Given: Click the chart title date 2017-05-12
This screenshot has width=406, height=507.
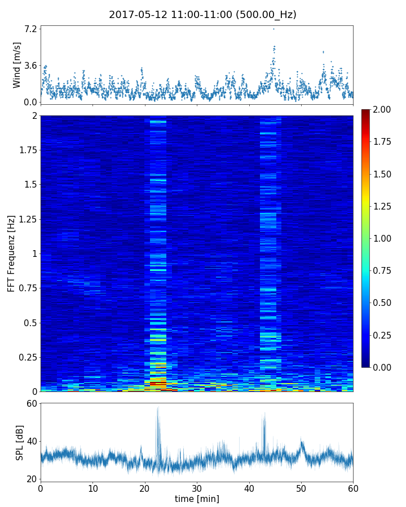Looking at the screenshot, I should click(x=135, y=15).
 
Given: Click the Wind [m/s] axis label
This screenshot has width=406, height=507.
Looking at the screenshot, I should click(x=17, y=65).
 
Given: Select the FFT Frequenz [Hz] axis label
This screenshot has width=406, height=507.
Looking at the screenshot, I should click(x=11, y=253).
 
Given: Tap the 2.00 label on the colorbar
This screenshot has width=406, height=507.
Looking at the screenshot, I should click(x=383, y=109).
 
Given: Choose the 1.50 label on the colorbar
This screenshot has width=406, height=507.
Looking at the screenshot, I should click(x=383, y=174).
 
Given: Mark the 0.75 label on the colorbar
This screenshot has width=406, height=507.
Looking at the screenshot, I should click(x=383, y=270).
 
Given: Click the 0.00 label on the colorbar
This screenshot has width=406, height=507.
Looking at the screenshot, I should click(x=383, y=367).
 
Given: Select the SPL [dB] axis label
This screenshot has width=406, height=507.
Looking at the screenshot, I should click(x=19, y=442).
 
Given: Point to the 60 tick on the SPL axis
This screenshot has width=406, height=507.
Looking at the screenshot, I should click(x=32, y=403).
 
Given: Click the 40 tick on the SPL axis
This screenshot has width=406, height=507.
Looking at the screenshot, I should click(x=32, y=441).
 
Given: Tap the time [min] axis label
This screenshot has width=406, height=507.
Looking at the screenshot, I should click(x=197, y=499).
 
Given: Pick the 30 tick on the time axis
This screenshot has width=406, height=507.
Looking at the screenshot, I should click(x=197, y=488).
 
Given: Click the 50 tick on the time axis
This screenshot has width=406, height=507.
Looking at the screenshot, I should click(x=301, y=488).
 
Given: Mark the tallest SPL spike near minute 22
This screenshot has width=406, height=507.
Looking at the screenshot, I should click(x=158, y=407).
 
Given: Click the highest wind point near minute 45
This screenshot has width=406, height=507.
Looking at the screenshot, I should click(x=273, y=29).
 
